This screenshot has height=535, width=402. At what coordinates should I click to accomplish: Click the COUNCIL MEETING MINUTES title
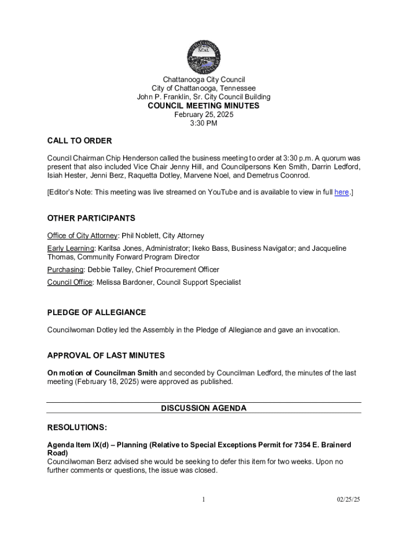pos(204,106)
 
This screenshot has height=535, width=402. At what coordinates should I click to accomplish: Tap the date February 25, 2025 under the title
pos(204,114)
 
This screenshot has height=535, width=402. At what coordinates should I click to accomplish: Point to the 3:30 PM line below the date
pos(204,123)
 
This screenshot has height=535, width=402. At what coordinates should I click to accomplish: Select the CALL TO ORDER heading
pos(79,141)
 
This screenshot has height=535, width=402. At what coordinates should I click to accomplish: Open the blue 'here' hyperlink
pos(341,192)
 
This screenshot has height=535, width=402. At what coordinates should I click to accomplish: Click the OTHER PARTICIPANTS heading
pos(91,218)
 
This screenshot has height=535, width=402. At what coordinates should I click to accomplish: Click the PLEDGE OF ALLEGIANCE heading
pos(97,312)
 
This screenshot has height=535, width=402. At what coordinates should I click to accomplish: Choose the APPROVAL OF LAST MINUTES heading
pos(106,355)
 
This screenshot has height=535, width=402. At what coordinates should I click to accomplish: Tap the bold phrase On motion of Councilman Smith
pos(102,373)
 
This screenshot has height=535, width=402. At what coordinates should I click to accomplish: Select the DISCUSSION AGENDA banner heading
pos(204,408)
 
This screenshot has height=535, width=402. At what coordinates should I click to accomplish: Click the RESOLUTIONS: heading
pos(77,427)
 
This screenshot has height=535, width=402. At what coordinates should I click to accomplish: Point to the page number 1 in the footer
pos(204,499)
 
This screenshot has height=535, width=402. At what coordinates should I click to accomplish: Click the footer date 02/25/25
pos(348,499)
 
